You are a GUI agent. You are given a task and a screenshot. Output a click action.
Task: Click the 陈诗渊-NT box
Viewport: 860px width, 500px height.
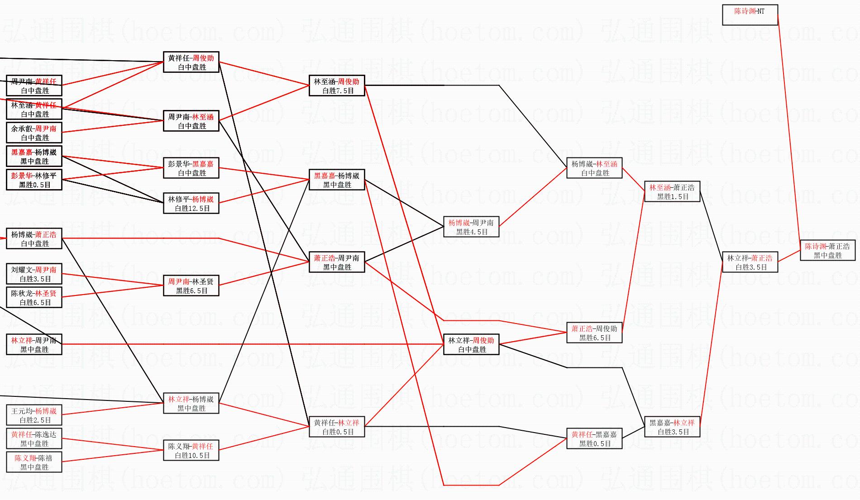tap(750, 15)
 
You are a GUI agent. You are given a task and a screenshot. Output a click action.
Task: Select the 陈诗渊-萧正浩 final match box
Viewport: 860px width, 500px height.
tap(827, 250)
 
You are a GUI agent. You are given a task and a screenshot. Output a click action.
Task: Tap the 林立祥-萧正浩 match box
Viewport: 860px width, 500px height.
tap(750, 262)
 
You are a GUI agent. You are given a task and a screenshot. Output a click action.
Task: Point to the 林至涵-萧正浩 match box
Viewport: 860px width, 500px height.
tap(672, 191)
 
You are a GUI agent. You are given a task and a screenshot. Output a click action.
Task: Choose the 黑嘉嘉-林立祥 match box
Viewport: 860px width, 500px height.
tap(672, 427)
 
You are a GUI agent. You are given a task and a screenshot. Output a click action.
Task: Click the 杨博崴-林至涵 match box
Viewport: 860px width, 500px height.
tap(594, 168)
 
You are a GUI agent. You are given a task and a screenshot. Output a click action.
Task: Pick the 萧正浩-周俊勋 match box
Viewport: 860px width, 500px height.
tap(594, 333)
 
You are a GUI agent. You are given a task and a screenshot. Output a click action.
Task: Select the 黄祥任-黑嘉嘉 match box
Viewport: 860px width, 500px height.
tap(594, 438)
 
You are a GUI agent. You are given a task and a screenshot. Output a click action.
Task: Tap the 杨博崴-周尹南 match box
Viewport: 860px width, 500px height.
tap(471, 227)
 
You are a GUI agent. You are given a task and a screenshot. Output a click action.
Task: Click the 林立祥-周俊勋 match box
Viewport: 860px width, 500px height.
tap(471, 344)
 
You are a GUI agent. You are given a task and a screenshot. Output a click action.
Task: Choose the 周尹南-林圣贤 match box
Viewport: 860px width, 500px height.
tap(191, 286)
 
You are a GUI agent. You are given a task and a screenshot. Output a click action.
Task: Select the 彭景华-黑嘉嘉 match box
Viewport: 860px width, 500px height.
tap(191, 168)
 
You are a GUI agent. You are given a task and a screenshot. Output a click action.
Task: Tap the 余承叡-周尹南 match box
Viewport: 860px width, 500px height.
tap(34, 133)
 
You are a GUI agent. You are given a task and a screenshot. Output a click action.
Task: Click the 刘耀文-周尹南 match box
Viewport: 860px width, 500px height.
tap(34, 274)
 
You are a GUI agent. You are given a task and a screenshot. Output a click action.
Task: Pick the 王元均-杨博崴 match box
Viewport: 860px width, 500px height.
tap(34, 415)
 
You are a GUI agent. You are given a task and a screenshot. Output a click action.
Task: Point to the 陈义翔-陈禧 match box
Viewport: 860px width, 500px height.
tap(34, 462)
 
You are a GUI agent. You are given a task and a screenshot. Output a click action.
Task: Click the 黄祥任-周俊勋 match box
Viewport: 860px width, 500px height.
tap(191, 62)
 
